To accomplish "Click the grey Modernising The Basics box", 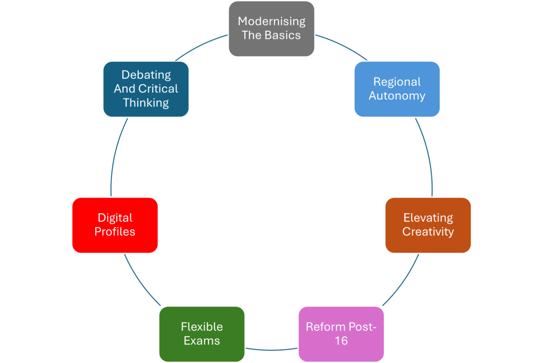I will (x=271, y=29).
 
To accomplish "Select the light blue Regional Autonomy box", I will (x=397, y=89).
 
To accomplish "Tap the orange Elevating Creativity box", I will (x=428, y=225).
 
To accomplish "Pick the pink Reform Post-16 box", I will (x=341, y=334).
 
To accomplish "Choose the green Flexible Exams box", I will (x=202, y=334).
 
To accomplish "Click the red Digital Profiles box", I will (x=115, y=225).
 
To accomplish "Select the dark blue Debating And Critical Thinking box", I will (x=145, y=89).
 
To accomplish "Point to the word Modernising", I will (x=271, y=21).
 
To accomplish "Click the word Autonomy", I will (x=397, y=96).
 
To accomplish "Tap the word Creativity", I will (x=428, y=232).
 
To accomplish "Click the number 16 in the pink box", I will (x=341, y=341).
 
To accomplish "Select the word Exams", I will (x=202, y=341).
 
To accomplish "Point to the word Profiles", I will (x=115, y=232).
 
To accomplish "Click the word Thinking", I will (x=145, y=103).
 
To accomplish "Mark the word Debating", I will (x=146, y=75).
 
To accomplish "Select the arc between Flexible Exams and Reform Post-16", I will (x=271, y=350).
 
